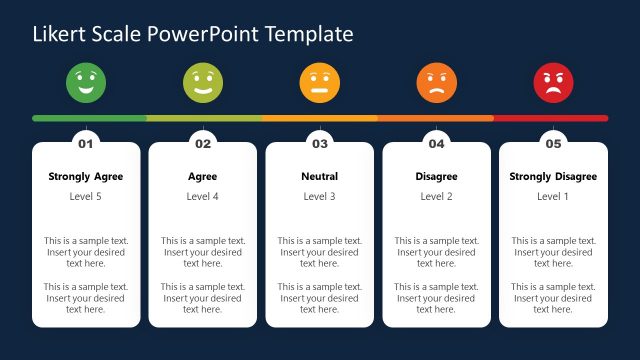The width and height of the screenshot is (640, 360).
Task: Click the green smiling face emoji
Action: (86, 82)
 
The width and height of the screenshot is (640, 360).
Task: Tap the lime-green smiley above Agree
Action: (203, 82)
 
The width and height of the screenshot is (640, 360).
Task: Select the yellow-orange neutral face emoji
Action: (320, 82)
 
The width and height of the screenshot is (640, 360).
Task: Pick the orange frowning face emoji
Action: (436, 82)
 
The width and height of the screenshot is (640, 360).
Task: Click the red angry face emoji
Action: (553, 82)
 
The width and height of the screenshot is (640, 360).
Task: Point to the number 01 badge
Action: (86, 144)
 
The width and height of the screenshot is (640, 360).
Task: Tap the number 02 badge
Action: (203, 144)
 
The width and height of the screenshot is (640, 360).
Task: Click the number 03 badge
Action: (320, 144)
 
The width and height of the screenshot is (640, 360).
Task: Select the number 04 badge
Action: (436, 144)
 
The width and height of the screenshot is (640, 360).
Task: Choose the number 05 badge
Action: (553, 144)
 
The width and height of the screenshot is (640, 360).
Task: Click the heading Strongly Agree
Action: (86, 177)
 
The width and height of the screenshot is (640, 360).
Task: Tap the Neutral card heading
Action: (320, 177)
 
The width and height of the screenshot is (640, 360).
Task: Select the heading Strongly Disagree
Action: (553, 177)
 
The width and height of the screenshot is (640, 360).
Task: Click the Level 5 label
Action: (86, 197)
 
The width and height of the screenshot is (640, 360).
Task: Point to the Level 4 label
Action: (203, 197)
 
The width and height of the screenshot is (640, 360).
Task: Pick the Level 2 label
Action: (436, 197)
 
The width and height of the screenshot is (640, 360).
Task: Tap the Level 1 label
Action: (553, 197)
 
